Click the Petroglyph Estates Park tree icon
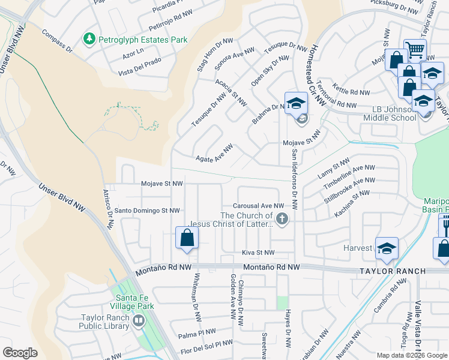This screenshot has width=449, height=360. point(89,39)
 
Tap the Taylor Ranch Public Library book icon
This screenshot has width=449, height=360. point(138,322)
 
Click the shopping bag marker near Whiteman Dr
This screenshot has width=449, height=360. point(187,238)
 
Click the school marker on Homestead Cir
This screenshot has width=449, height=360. point(296,103)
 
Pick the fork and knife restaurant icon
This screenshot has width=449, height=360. point(445,226)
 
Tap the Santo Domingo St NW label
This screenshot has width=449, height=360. point(147,211)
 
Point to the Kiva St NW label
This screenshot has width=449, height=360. point(258,253)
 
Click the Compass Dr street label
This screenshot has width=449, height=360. point(57,40)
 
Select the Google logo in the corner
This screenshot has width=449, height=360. point(20,352)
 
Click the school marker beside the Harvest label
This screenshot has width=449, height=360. point(387,248)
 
